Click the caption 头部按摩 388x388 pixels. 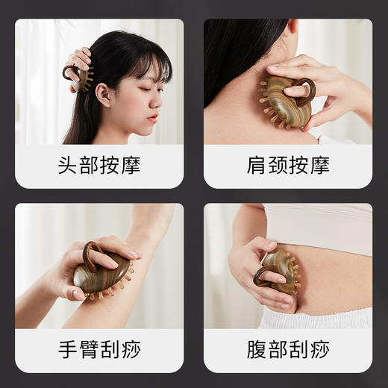click(x=99, y=165)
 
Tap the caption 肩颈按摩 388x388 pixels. click(x=288, y=165)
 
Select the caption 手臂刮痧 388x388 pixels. click(x=99, y=349)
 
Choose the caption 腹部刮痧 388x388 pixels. click(x=288, y=349)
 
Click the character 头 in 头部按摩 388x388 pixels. click(x=69, y=165)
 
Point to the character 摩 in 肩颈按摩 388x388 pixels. click(x=319, y=165)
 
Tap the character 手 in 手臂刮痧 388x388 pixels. click(x=69, y=349)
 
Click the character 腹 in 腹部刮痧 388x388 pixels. click(x=257, y=349)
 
